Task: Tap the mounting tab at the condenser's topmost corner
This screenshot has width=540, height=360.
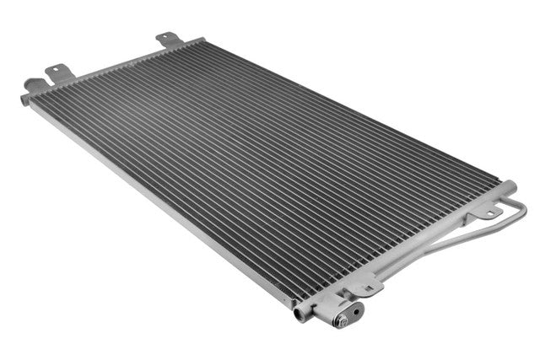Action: click(167, 39)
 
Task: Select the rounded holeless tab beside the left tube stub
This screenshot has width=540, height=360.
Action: click(35, 84)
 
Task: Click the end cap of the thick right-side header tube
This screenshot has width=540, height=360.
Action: click(509, 185)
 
